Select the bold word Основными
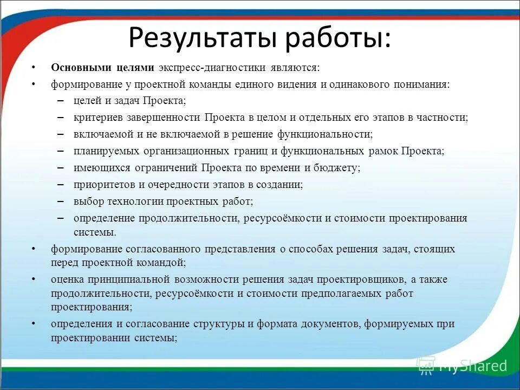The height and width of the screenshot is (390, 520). [x=81, y=68]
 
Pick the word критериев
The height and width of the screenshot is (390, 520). [x=96, y=118]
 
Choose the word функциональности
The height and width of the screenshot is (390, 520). [x=332, y=134]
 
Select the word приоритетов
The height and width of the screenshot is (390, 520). [x=101, y=185]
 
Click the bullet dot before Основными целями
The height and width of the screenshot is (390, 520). [x=33, y=68]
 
